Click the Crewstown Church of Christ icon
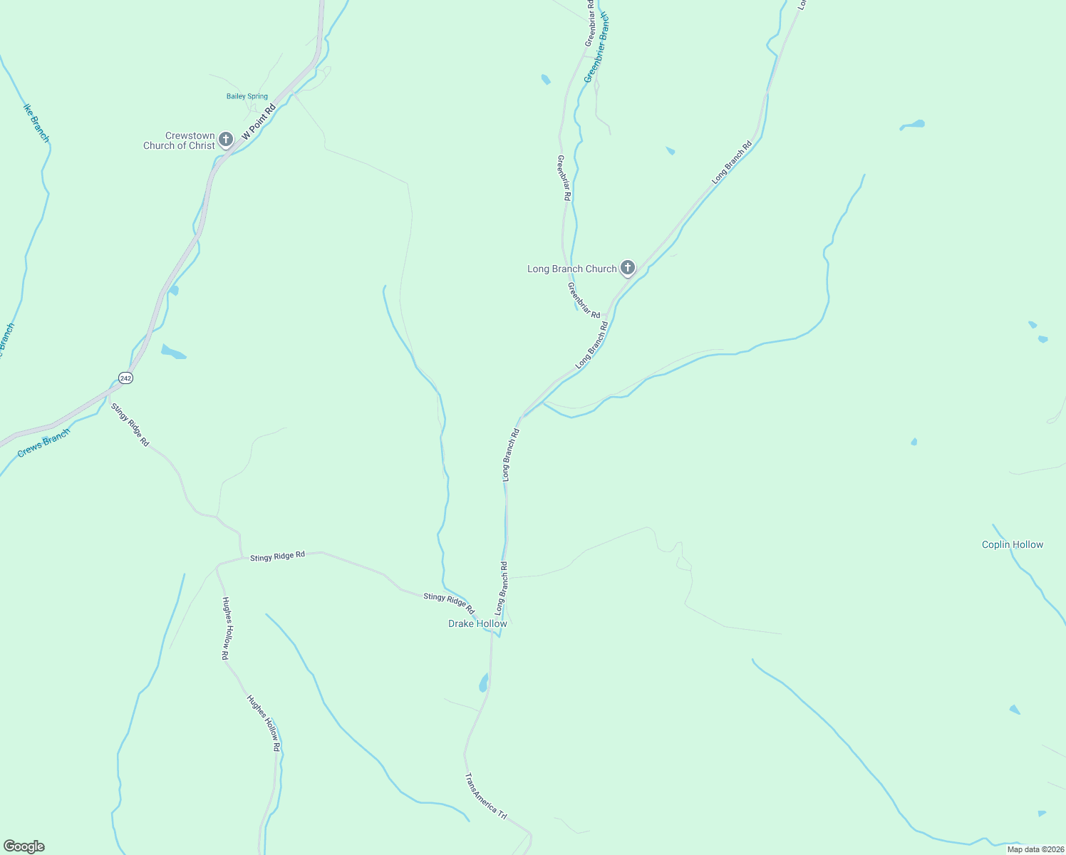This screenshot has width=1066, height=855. [226, 139]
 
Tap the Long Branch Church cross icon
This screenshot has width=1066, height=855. [627, 268]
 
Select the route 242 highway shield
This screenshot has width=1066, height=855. [125, 378]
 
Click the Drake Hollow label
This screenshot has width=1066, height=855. [477, 623]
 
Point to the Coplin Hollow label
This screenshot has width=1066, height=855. [1012, 544]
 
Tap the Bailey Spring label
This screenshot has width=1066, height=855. [247, 96]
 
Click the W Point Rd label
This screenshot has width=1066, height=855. [259, 123]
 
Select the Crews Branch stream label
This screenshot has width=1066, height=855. [44, 442]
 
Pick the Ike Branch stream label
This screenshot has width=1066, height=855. [36, 123]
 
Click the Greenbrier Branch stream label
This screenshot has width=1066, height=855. [596, 47]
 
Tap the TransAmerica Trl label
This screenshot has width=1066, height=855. [485, 796]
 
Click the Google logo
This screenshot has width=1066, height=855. [24, 846]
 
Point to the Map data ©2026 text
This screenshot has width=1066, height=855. [1035, 849]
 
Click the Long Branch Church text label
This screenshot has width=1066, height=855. [571, 269]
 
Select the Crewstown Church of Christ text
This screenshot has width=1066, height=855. [180, 140]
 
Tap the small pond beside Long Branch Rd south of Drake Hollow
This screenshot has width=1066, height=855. [484, 683]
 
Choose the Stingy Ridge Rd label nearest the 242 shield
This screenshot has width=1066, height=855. [130, 425]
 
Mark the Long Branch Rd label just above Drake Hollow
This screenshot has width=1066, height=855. [502, 589]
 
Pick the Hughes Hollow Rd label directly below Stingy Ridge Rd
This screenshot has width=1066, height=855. [226, 628]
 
